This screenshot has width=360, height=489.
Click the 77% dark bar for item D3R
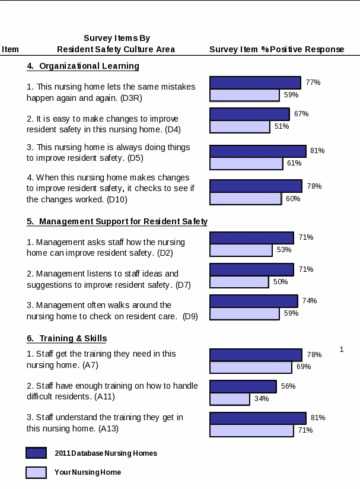(255, 82)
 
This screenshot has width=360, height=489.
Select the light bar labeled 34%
(230, 399)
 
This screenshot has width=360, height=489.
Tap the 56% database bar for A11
(243, 386)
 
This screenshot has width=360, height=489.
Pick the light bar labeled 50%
(239, 282)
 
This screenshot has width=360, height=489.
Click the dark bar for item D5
(257, 151)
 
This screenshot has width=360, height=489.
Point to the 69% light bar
(250, 367)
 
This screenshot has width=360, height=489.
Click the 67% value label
(301, 114)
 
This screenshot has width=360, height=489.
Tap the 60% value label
(293, 199)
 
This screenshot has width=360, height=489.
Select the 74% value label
(310, 301)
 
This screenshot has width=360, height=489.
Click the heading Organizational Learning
(83, 66)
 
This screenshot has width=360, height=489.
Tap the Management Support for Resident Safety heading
(117, 221)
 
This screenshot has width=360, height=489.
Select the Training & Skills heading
(67, 338)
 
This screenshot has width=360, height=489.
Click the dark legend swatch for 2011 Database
(36, 453)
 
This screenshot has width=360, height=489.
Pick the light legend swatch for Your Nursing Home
(36, 472)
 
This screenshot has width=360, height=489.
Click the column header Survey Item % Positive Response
(276, 49)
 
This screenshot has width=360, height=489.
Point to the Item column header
(11, 49)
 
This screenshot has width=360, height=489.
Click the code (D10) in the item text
(117, 200)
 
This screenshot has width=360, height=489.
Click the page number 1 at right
(342, 350)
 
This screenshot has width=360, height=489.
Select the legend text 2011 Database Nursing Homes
(106, 453)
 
